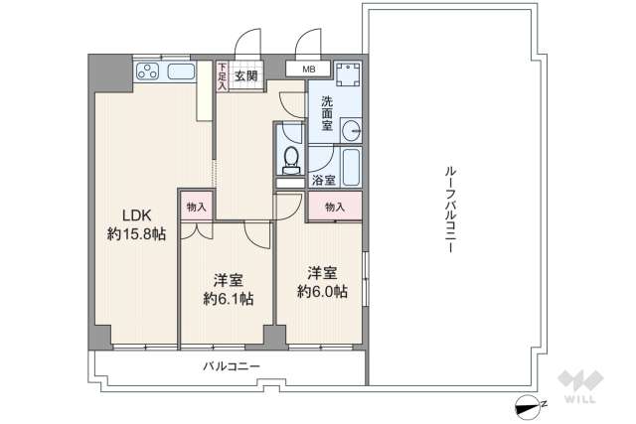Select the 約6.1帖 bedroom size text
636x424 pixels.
(x=228, y=298)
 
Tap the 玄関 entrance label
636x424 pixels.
(x=246, y=75)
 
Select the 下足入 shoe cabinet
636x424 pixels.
(x=223, y=76)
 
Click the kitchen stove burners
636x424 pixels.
(x=148, y=71)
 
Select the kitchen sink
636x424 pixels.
(x=182, y=71)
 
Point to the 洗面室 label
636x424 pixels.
(x=326, y=113)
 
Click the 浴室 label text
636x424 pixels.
(x=323, y=181)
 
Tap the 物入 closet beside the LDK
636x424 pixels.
(x=195, y=207)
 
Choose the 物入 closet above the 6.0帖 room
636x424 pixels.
(x=334, y=207)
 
